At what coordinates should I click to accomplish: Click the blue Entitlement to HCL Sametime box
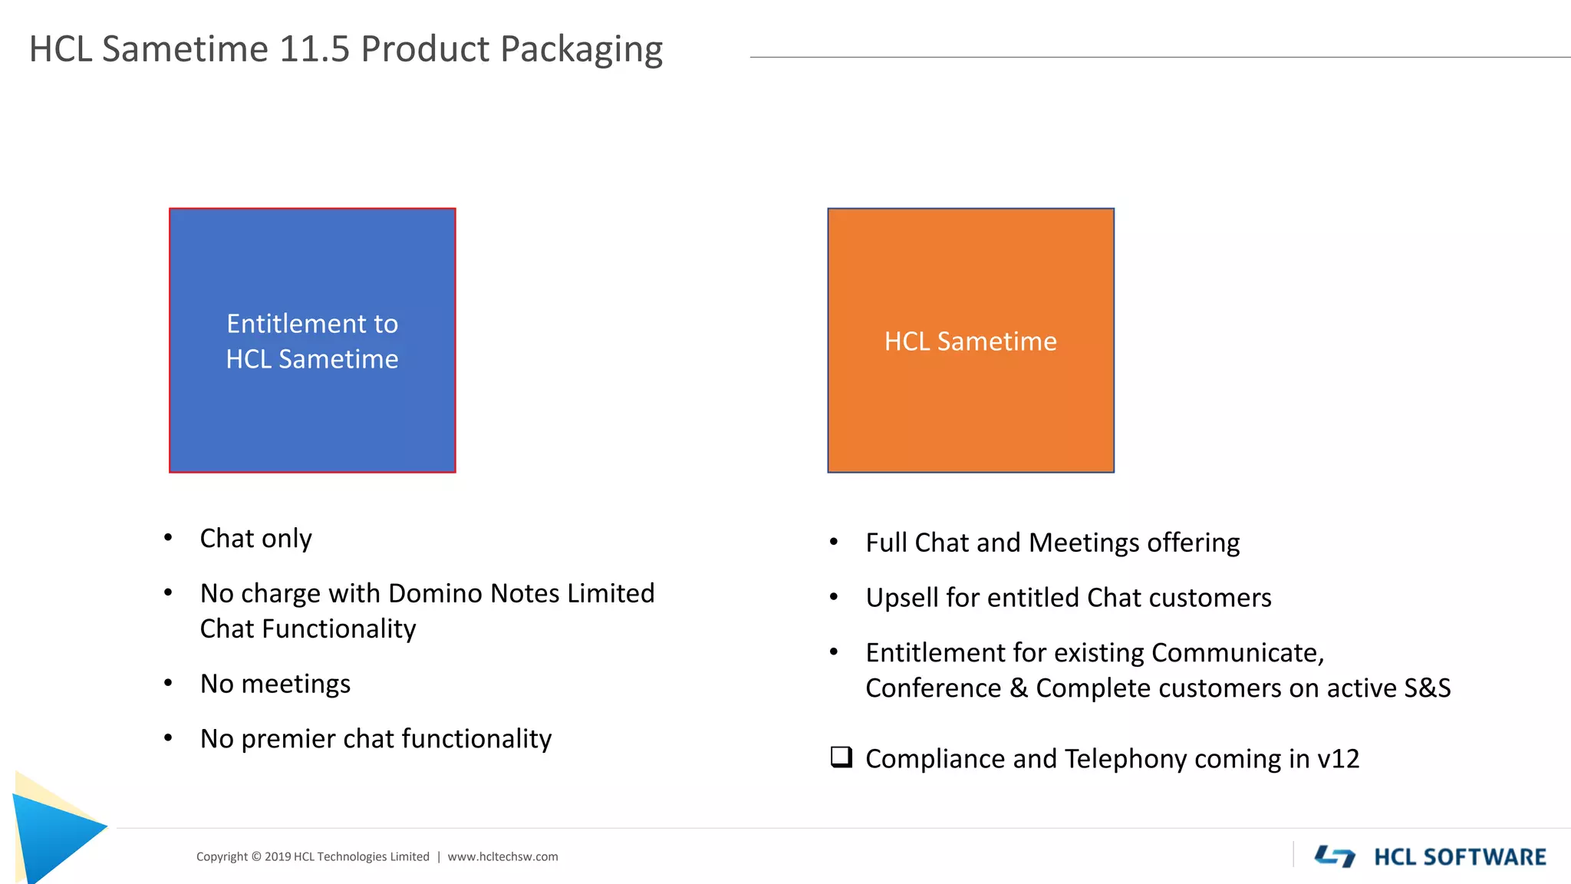[x=312, y=340]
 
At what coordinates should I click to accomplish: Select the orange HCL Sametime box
[x=970, y=340]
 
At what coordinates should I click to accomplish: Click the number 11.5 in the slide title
[x=314, y=49]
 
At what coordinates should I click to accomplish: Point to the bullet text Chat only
[x=255, y=539]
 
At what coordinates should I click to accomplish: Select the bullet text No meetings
[x=275, y=684]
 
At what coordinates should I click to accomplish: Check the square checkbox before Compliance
[x=841, y=757]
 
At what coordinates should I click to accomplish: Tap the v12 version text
[x=1338, y=759]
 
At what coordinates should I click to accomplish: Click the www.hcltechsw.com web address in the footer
[x=502, y=856]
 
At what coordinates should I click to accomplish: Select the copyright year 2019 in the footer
[x=277, y=856]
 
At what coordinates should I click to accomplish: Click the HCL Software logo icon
[x=1335, y=856]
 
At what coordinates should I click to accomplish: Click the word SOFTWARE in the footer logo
[x=1484, y=856]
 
